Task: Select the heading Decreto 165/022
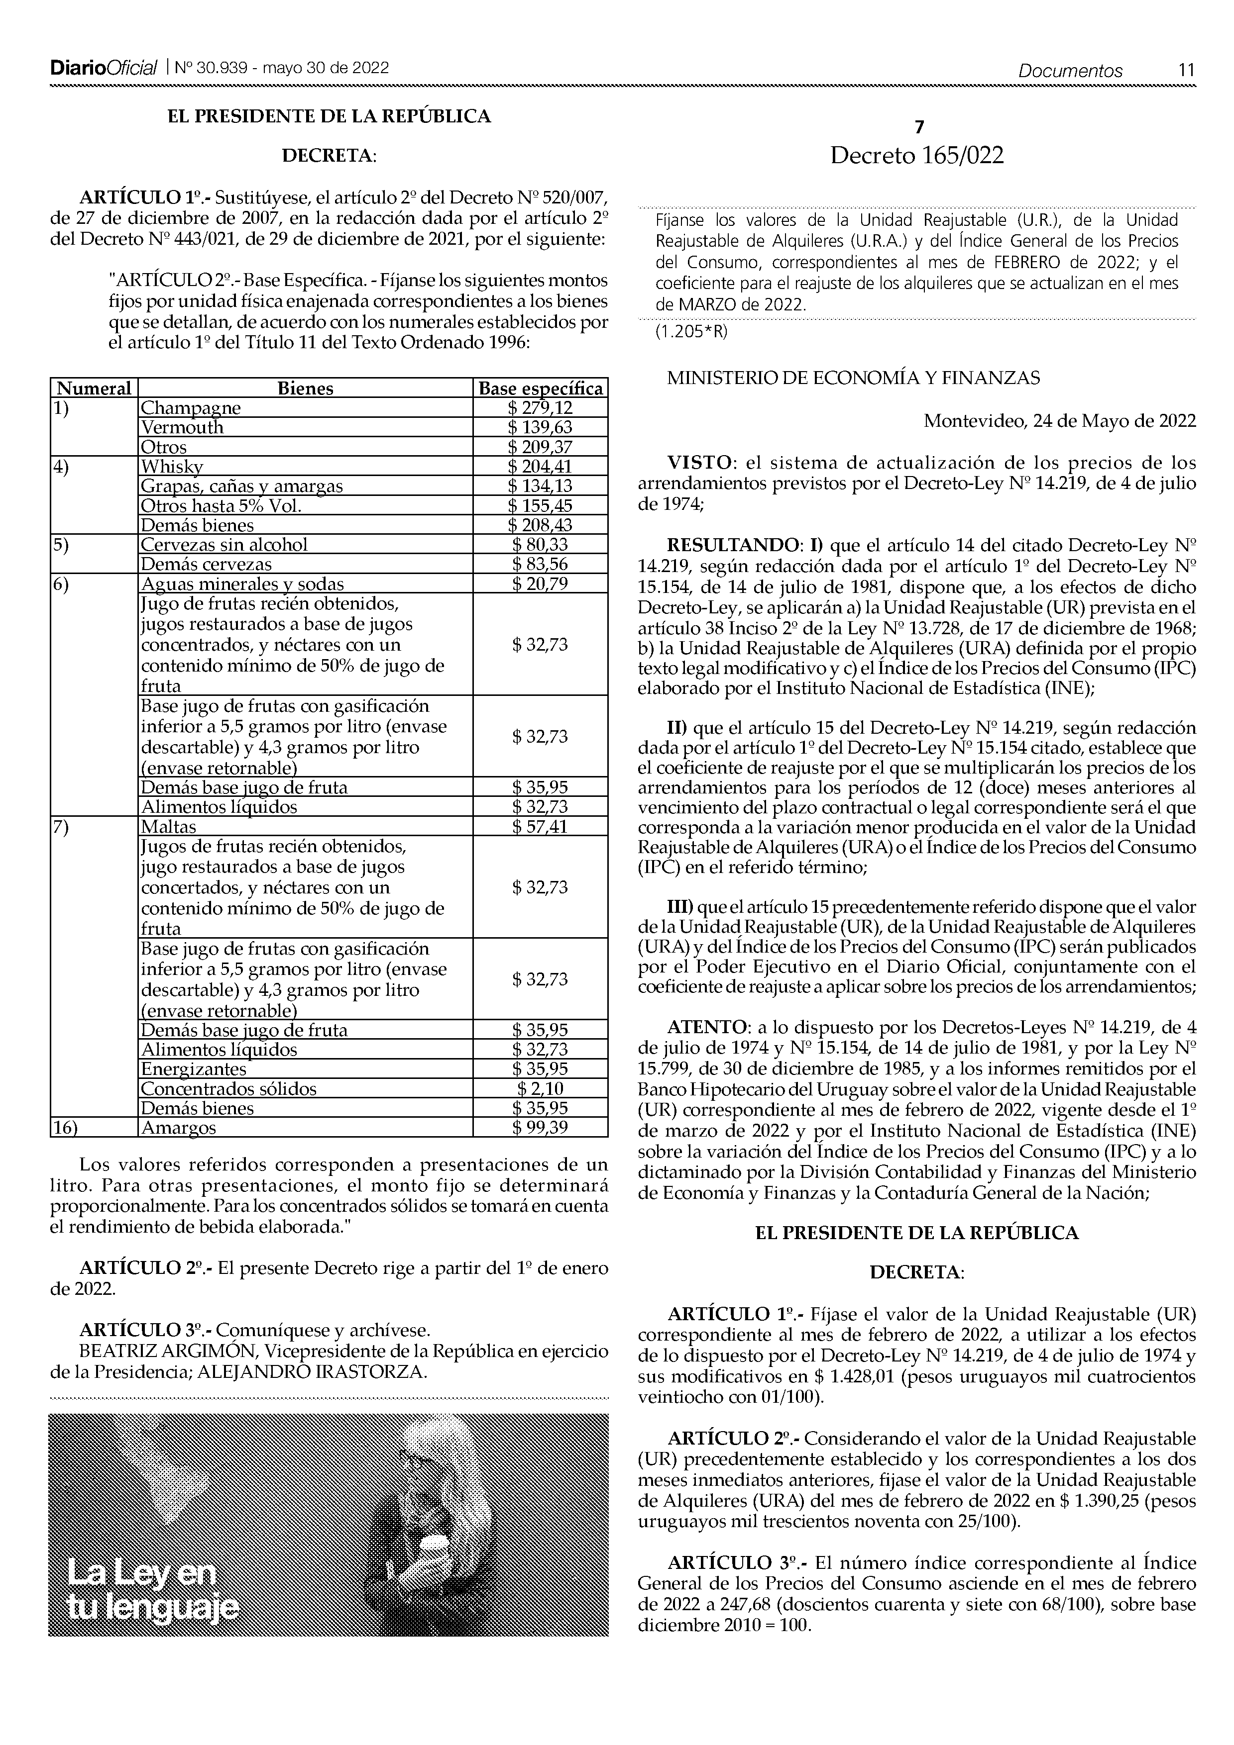click(x=916, y=156)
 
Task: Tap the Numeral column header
click(x=94, y=388)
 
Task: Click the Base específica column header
click(x=540, y=388)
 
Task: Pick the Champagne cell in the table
click(x=191, y=408)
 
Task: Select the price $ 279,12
click(x=540, y=408)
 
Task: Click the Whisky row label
click(x=172, y=467)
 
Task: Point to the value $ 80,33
click(x=540, y=544)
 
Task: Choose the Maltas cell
click(x=169, y=826)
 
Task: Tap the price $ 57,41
click(x=540, y=826)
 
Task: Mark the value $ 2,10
click(x=540, y=1088)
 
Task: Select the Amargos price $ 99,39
click(x=540, y=1127)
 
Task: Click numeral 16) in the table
click(x=66, y=1127)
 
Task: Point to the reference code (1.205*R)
click(x=691, y=332)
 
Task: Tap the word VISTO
click(x=699, y=463)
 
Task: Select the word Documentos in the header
click(x=1071, y=72)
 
